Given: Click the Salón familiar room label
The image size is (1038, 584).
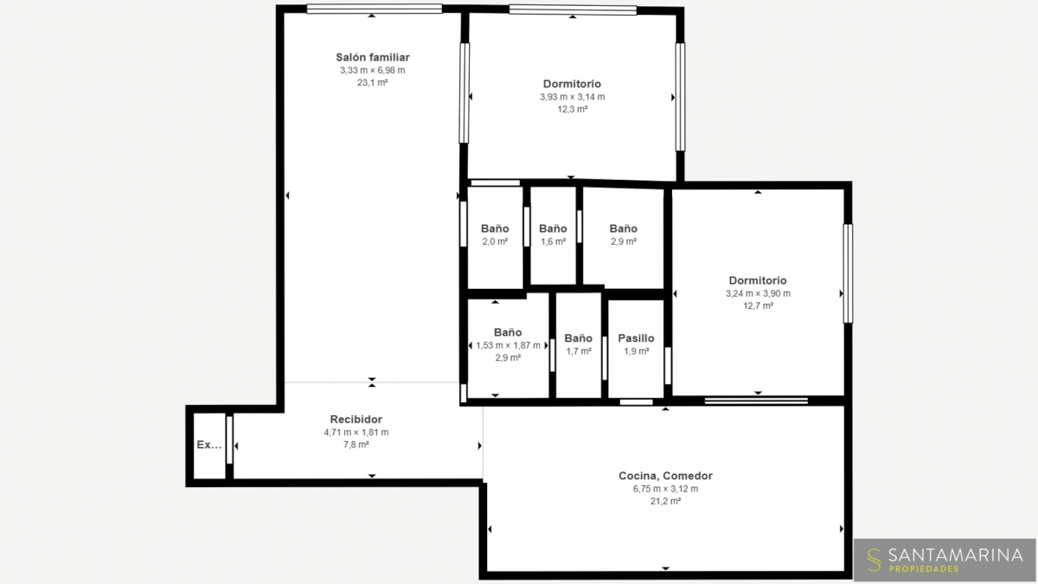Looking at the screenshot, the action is pyautogui.click(x=373, y=57).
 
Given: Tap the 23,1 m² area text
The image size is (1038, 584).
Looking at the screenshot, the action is pyautogui.click(x=373, y=82).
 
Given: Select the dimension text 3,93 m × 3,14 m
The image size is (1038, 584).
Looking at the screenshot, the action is pyautogui.click(x=573, y=97).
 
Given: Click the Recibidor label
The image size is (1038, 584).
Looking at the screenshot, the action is pyautogui.click(x=356, y=420).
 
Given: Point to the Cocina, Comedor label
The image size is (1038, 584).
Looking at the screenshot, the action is pyautogui.click(x=665, y=476).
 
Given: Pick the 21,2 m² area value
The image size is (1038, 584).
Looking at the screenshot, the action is pyautogui.click(x=665, y=501).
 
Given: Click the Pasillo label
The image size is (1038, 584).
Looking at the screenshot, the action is pyautogui.click(x=637, y=338).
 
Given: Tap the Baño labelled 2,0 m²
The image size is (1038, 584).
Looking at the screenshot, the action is pyautogui.click(x=495, y=228).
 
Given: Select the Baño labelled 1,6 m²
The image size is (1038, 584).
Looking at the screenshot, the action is pyautogui.click(x=553, y=228).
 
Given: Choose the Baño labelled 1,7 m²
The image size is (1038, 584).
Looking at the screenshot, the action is pyautogui.click(x=579, y=338).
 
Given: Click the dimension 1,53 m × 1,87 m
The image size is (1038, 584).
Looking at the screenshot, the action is pyautogui.click(x=508, y=345).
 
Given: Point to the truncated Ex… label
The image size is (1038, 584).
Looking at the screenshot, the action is pyautogui.click(x=209, y=445).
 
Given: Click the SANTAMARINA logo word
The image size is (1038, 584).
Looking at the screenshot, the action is pyautogui.click(x=956, y=555).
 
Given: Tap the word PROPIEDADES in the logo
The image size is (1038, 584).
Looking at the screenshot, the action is pyautogui.click(x=924, y=568).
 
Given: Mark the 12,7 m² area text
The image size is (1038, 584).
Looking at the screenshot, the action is pyautogui.click(x=758, y=306).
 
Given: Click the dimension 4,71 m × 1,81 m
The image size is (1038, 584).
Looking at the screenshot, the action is pyautogui.click(x=356, y=433).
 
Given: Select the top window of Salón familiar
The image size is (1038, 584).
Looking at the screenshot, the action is pyautogui.click(x=375, y=9).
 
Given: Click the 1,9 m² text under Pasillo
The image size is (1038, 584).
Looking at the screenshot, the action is pyautogui.click(x=637, y=351).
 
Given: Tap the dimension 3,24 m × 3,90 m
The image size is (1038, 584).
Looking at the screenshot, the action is pyautogui.click(x=758, y=293).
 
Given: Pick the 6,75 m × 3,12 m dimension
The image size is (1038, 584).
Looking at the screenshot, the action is pyautogui.click(x=665, y=489).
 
